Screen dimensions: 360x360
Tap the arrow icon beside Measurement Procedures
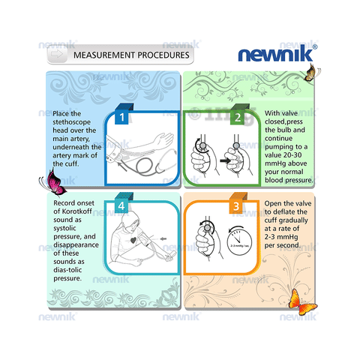click(x=57, y=54)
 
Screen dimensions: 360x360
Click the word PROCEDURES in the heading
click(x=163, y=55)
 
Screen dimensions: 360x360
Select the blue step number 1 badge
click(x=121, y=117)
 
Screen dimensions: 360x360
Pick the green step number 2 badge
click(x=237, y=117)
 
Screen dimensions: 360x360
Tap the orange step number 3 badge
click(x=236, y=206)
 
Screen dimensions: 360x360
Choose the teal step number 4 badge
click(x=121, y=206)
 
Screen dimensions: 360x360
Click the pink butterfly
click(x=53, y=182)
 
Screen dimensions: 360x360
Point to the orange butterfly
click(x=301, y=302)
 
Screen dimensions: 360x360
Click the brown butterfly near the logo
click(x=311, y=73)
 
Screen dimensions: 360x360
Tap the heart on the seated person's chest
click(x=133, y=240)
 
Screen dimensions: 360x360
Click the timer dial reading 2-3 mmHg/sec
click(x=239, y=242)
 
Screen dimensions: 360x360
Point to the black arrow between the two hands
click(x=225, y=160)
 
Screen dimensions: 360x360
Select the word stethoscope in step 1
click(x=71, y=122)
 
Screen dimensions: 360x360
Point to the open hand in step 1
click(x=164, y=139)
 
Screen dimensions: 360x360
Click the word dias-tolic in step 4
click(x=67, y=270)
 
